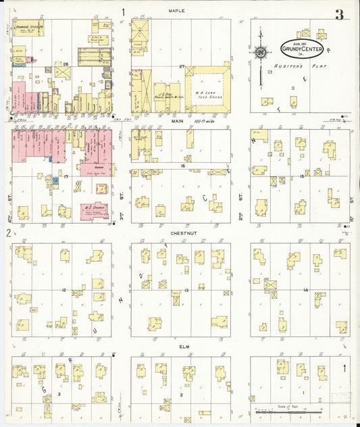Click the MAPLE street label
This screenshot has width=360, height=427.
pos(177,11)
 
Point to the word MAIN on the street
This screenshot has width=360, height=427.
pos(178,122)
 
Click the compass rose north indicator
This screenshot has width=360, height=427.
pos(260,53)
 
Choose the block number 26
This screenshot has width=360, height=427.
pos(66,65)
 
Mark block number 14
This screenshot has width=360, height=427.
pos(305,290)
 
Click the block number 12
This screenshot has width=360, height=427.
pos(63,290)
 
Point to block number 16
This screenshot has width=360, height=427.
pos(182,165)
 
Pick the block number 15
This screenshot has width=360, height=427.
pos(302,176)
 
